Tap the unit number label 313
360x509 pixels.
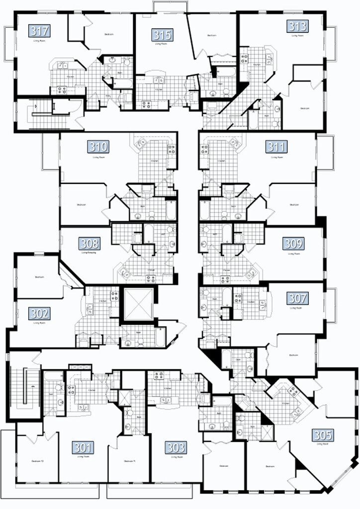click(297, 26)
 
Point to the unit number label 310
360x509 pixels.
click(98, 147)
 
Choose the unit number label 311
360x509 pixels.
click(276, 147)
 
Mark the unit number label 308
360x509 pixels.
click(90, 243)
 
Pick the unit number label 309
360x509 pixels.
click(294, 243)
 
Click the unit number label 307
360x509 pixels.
click(297, 298)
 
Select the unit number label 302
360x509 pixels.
click(39, 314)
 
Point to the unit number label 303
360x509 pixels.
click(176, 447)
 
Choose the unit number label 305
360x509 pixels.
click(323, 435)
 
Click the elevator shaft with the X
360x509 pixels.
click(137, 304)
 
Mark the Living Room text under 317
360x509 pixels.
click(40, 41)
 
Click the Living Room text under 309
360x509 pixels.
click(294, 254)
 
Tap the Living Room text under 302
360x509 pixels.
click(39, 323)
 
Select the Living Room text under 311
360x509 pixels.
click(276, 157)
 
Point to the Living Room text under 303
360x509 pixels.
click(176, 456)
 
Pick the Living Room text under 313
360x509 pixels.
click(297, 35)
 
